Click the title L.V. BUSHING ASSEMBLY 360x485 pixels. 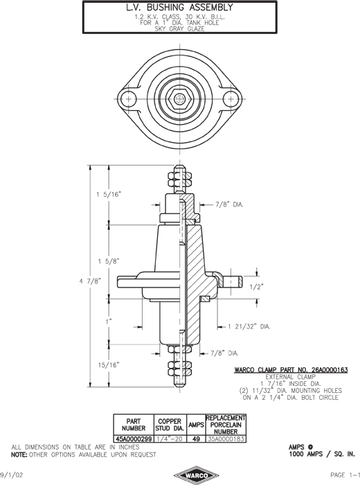click(x=179, y=7)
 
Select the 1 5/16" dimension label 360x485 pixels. click(x=108, y=195)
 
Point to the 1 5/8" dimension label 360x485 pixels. click(x=109, y=261)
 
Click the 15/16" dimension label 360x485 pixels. click(x=109, y=365)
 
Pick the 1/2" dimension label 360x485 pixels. click(x=256, y=287)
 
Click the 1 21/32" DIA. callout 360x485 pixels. click(x=249, y=326)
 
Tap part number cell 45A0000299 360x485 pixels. click(x=134, y=439)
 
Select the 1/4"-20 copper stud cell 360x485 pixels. click(x=170, y=439)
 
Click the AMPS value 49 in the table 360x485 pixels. click(x=196, y=439)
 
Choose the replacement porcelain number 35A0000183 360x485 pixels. click(x=226, y=439)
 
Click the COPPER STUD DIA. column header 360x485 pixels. click(x=170, y=425)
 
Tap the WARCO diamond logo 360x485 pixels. click(x=196, y=475)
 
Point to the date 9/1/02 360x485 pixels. click(x=12, y=475)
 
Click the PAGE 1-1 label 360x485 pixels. click(x=345, y=475)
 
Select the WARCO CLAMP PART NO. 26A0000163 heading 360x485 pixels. click(x=291, y=369)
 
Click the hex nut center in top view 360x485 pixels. click(x=179, y=99)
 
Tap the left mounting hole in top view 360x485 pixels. click(x=128, y=99)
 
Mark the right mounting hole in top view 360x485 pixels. click(x=231, y=99)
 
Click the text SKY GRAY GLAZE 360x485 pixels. click(x=179, y=29)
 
